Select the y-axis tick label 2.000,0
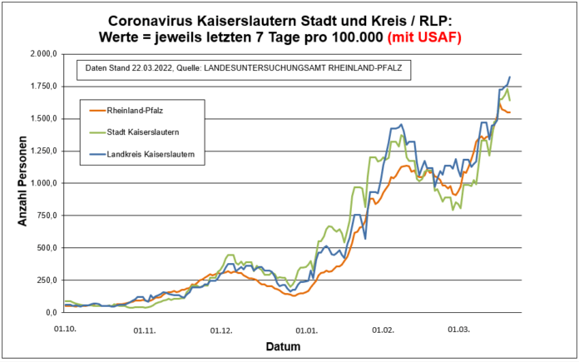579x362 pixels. (44, 54)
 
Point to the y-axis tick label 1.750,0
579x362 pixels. (44, 87)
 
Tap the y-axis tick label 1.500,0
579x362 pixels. (44, 119)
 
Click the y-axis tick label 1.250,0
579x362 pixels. (44, 151)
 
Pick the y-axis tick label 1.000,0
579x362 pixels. (44, 183)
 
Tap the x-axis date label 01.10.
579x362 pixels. (65, 330)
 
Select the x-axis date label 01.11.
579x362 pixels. (145, 330)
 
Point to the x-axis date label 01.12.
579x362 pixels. (221, 330)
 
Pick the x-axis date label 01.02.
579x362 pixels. (384, 330)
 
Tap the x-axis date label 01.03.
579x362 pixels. (458, 330)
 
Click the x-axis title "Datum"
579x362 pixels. (284, 346)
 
